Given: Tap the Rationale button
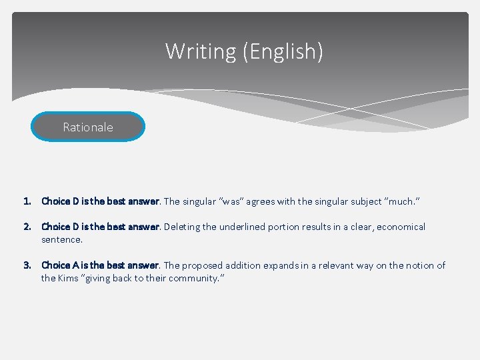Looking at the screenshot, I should point(88,127).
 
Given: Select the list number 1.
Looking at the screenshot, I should point(27,201).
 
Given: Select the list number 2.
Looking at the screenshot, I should point(27,227).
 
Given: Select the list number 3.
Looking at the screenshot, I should point(27,265).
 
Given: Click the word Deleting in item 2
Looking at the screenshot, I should point(181,227).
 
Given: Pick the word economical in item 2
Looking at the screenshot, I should point(401,227).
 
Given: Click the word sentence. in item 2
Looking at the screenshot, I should point(62,239).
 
